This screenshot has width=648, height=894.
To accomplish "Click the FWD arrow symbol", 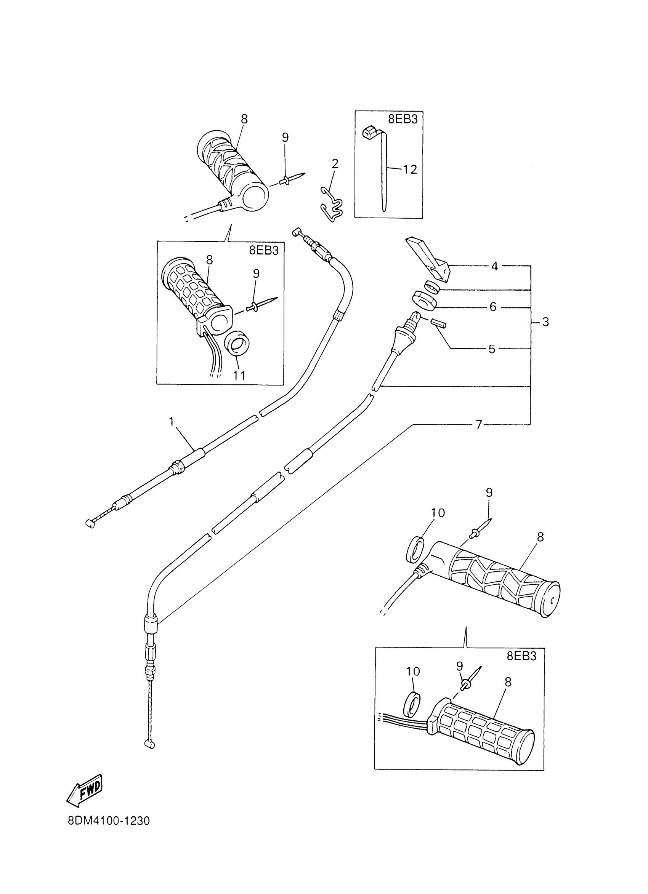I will pyautogui.click(x=85, y=790).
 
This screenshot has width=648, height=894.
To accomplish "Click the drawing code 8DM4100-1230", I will pyautogui.click(x=109, y=832).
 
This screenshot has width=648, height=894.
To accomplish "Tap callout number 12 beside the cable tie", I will pyautogui.click(x=410, y=170).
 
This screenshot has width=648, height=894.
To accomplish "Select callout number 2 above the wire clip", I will pyautogui.click(x=335, y=163).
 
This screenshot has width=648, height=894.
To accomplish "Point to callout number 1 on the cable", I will pyautogui.click(x=172, y=422).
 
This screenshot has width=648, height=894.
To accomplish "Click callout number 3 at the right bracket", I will pyautogui.click(x=545, y=322).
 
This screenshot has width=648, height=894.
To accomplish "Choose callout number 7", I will pyautogui.click(x=479, y=425).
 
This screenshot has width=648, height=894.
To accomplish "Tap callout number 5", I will pyautogui.click(x=491, y=349).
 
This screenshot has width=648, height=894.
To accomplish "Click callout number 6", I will pyautogui.click(x=493, y=307).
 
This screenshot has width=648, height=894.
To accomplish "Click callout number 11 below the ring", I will pyautogui.click(x=239, y=376).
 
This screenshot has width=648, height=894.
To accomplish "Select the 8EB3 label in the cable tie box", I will pyautogui.click(x=403, y=120).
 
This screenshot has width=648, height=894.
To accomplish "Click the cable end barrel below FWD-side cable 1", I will pyautogui.click(x=90, y=523).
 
